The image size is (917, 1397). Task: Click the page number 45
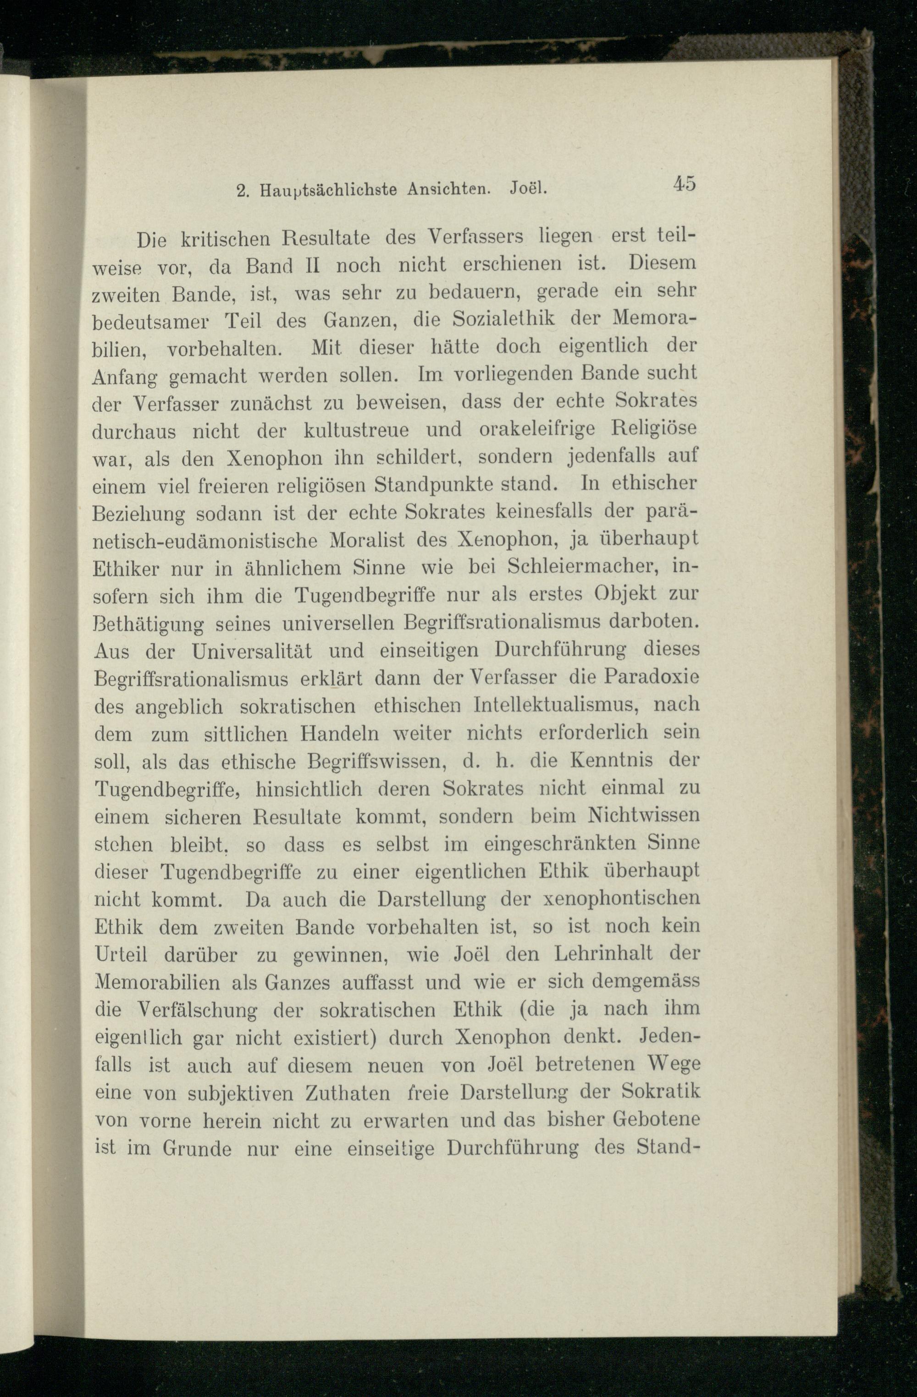[684, 183]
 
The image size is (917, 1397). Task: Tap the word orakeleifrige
[537, 429]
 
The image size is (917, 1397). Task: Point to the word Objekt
[624, 594]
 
